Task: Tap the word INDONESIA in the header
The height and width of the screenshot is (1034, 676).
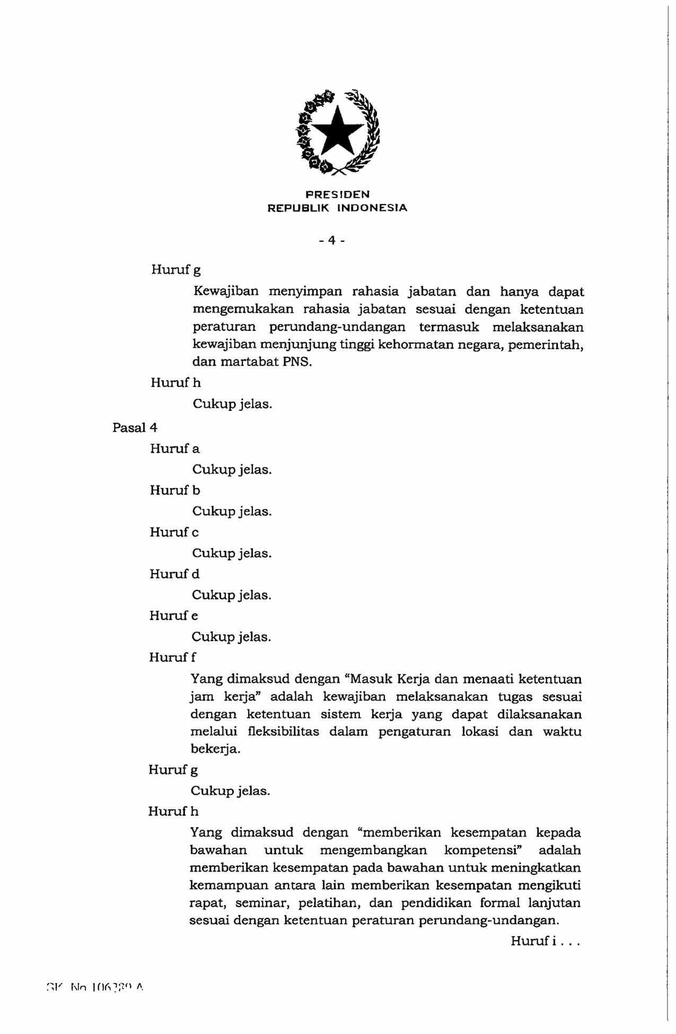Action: pos(372,208)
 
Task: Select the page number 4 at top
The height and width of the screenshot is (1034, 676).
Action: pos(332,240)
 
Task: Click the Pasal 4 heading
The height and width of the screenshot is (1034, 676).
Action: pos(135,427)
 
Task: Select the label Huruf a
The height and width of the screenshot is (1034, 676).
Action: pos(174,449)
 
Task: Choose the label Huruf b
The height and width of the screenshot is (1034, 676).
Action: pos(174,490)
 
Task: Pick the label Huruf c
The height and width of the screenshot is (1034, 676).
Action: pos(174,532)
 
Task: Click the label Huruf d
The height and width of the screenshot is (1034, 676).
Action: pos(174,574)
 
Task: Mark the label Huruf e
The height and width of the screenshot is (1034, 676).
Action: pos(173,616)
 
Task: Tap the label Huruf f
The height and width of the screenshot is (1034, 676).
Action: pos(172,658)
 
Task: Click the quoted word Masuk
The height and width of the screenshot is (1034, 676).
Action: pos(370,679)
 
